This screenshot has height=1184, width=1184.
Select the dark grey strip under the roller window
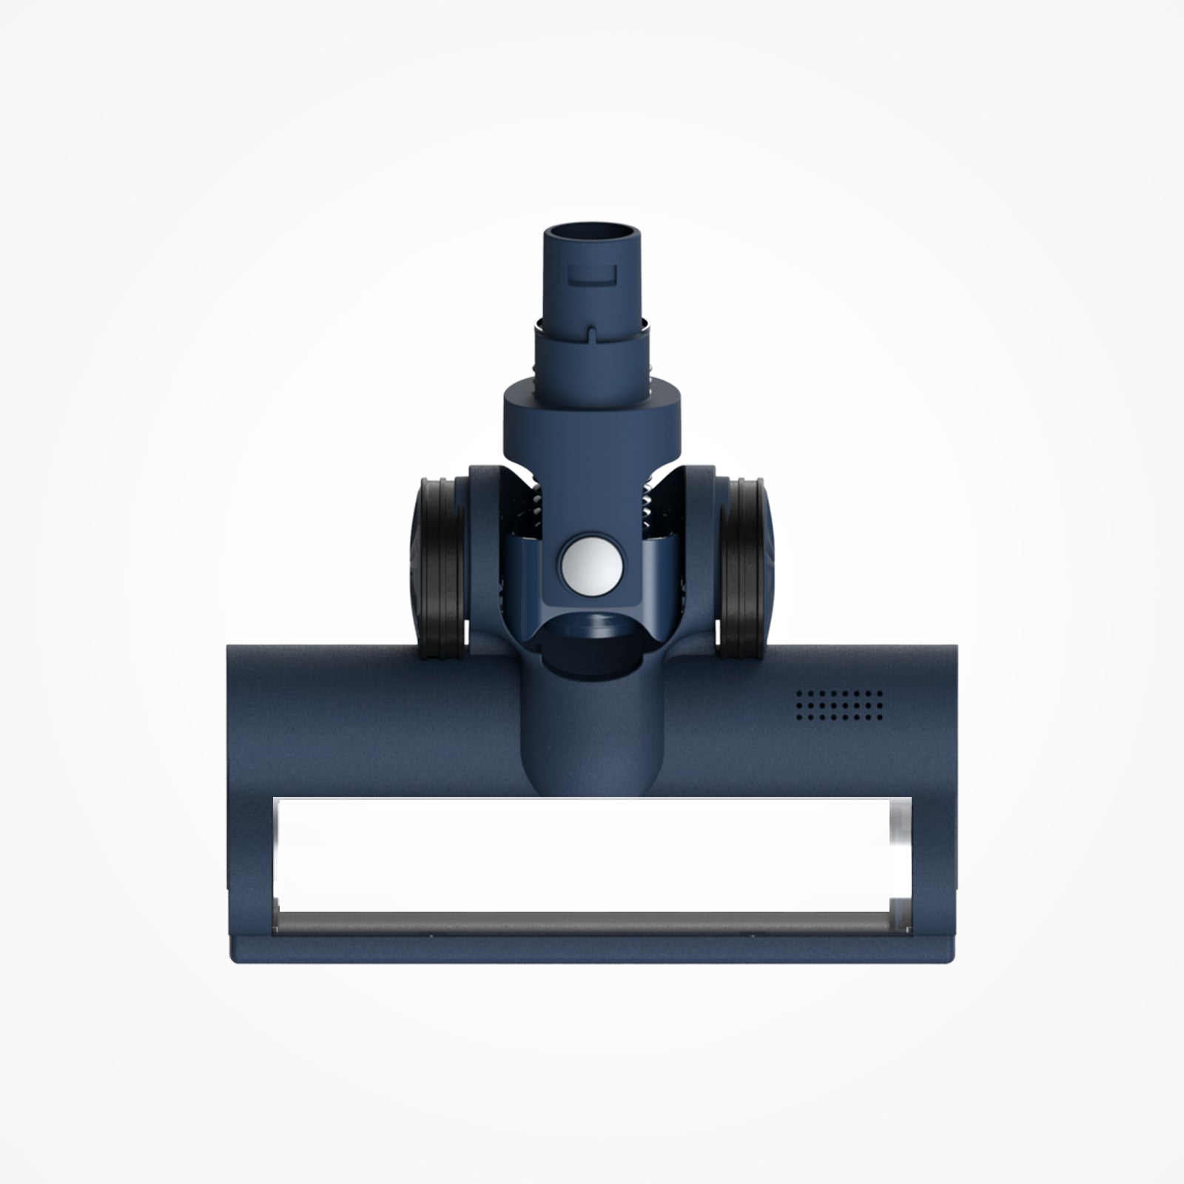(x=585, y=923)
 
